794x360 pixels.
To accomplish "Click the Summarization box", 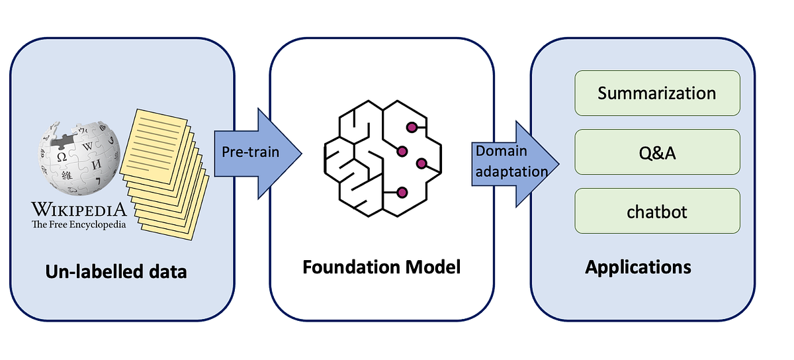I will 657,93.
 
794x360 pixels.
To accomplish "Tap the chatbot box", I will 657,211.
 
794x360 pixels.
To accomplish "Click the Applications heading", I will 638,267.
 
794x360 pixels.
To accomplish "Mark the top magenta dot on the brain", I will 411,126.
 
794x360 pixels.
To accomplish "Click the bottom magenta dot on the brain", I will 402,193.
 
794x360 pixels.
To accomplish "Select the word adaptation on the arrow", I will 512,171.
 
